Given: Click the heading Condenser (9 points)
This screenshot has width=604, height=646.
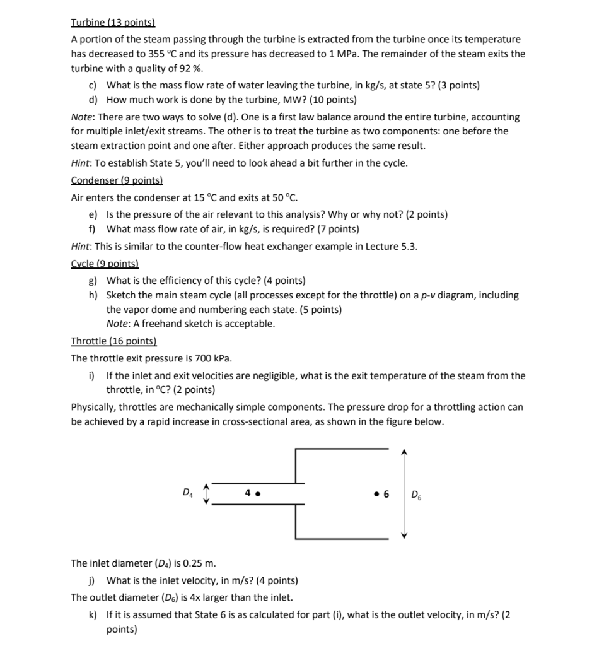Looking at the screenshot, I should [x=117, y=180].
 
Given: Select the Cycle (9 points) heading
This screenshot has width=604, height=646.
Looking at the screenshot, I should [x=105, y=264].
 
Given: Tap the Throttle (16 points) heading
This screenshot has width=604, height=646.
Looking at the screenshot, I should [x=113, y=341].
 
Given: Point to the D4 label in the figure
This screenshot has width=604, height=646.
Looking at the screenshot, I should [x=187, y=491].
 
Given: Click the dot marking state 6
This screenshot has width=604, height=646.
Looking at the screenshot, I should [x=376, y=493].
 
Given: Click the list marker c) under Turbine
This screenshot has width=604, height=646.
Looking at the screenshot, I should [x=93, y=85].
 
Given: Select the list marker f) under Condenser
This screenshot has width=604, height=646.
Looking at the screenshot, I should [x=93, y=228].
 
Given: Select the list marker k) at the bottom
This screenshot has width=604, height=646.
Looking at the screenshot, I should [x=93, y=614].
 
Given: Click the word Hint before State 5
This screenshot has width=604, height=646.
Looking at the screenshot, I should [x=81, y=163].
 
